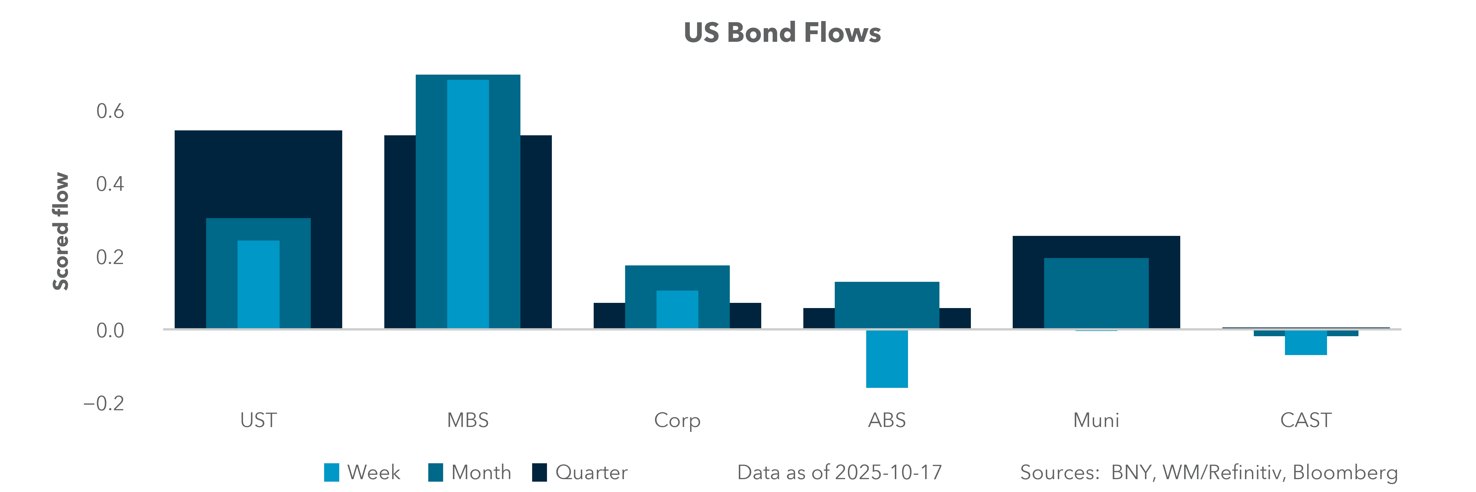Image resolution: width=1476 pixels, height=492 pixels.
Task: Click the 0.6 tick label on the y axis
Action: tap(110, 111)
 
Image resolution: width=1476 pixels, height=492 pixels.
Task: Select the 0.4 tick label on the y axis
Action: tap(110, 184)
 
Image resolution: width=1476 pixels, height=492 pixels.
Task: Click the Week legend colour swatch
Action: tap(331, 473)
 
